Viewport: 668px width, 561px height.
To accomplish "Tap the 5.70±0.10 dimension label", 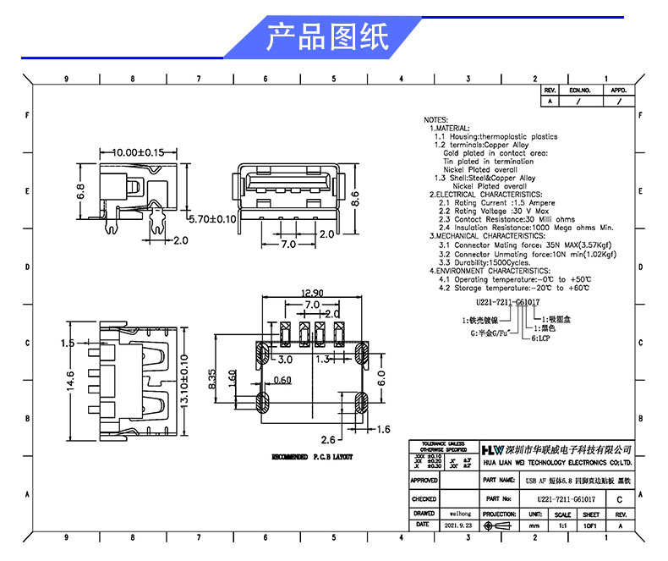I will (x=212, y=218).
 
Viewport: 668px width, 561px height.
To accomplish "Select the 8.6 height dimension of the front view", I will (x=356, y=198).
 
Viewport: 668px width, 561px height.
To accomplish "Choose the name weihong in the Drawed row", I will (x=460, y=514).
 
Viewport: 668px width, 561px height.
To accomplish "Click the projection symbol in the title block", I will (x=500, y=525).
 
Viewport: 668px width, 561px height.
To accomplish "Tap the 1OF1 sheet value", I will (x=591, y=525).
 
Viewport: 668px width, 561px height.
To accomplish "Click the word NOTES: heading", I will (x=435, y=120).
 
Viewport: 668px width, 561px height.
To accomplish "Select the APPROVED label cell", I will (x=424, y=481).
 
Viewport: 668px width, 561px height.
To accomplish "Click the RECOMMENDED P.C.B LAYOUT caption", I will (x=310, y=457).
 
